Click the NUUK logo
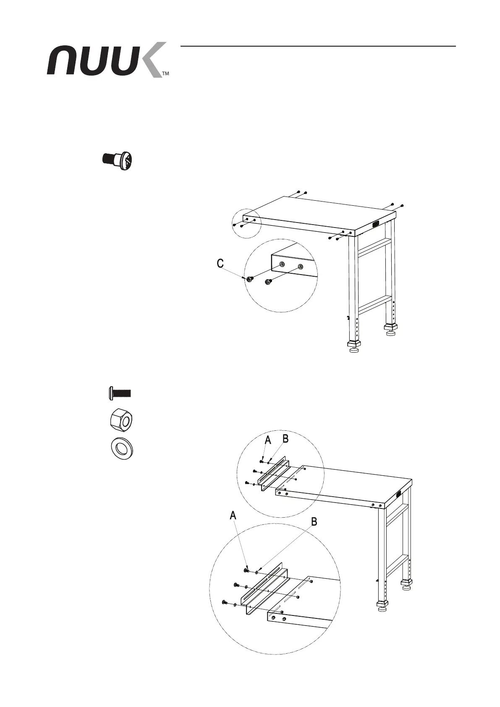pyautogui.click(x=105, y=60)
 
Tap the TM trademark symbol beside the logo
pyautogui.click(x=165, y=73)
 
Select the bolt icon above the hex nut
pyautogui.click(x=118, y=393)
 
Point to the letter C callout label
pyautogui.click(x=220, y=264)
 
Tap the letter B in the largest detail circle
pyautogui.click(x=314, y=522)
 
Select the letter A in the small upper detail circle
pyautogui.click(x=268, y=440)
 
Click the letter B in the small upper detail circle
pyautogui.click(x=285, y=439)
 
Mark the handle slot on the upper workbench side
pyautogui.click(x=375, y=225)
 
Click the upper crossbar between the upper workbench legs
pyautogui.click(x=374, y=246)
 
